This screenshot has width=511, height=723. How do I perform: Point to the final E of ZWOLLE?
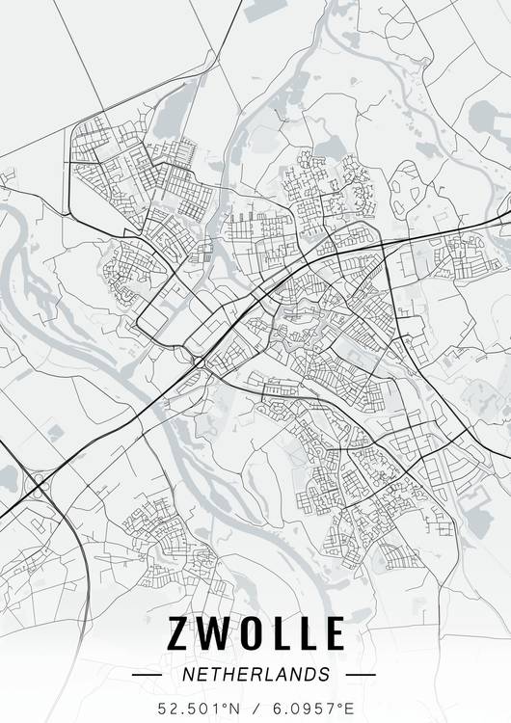pyautogui.click(x=332, y=632)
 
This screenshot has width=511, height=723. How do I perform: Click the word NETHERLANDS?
pyautogui.click(x=255, y=674)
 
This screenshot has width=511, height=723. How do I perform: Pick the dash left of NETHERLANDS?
pyautogui.click(x=147, y=675)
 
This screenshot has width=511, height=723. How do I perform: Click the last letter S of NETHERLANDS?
pyautogui.click(x=324, y=674)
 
